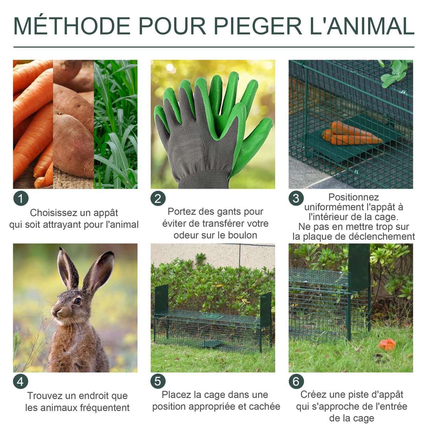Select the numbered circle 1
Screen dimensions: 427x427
(21, 199)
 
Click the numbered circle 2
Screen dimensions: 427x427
(158, 199)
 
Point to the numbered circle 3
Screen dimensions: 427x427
(296, 199)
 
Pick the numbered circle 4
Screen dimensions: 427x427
(21, 382)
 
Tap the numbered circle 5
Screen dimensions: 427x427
(158, 382)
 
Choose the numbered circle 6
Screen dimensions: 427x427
(296, 382)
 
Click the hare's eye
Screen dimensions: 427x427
(77, 301)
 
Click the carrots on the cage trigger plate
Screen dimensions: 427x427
(350, 134)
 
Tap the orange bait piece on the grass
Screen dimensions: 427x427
(387, 344)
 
